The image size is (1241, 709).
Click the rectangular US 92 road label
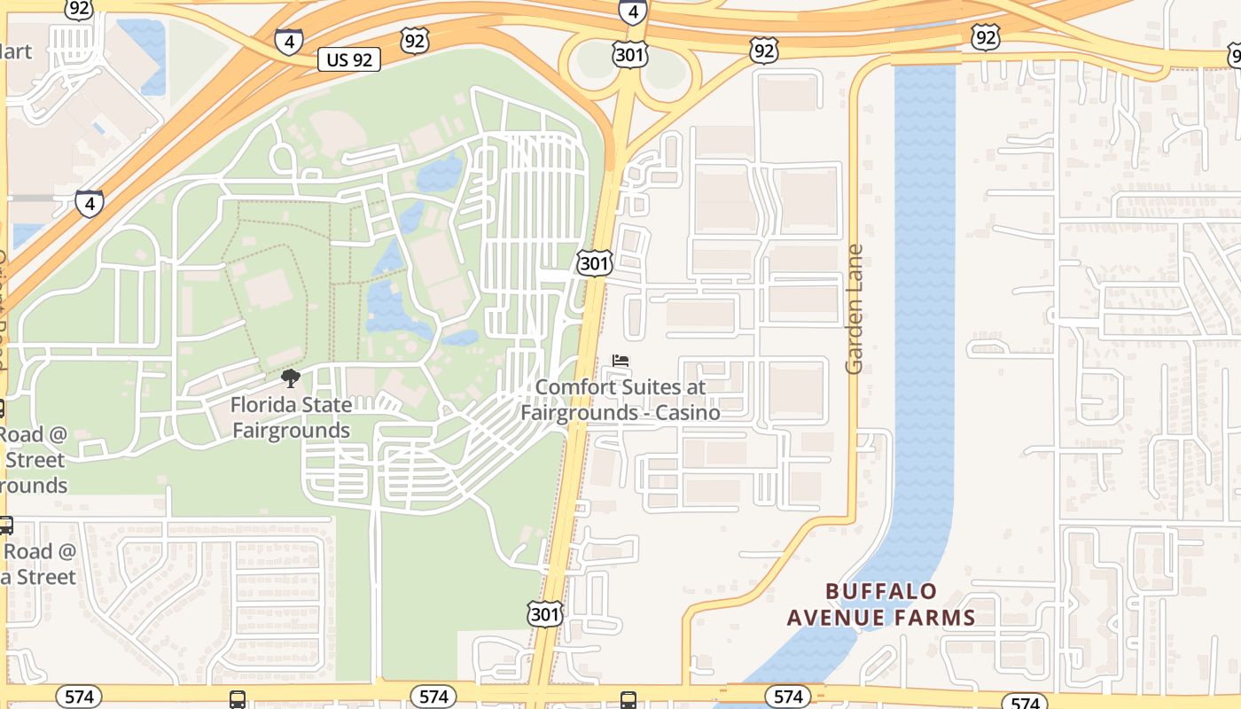349,59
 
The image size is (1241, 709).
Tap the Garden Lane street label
855,309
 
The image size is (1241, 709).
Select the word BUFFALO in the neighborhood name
881,591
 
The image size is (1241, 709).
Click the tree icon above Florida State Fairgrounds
290,379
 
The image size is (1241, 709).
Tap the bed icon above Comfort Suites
620,361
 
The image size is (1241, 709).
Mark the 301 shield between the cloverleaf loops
629,56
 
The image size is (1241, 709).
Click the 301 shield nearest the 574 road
544,613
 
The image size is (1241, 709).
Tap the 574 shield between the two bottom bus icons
433,697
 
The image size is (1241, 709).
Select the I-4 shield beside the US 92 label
288,41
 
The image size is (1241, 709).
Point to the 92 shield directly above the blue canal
986,37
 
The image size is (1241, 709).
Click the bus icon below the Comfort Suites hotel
628,700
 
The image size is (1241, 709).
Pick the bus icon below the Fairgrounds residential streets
238,700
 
